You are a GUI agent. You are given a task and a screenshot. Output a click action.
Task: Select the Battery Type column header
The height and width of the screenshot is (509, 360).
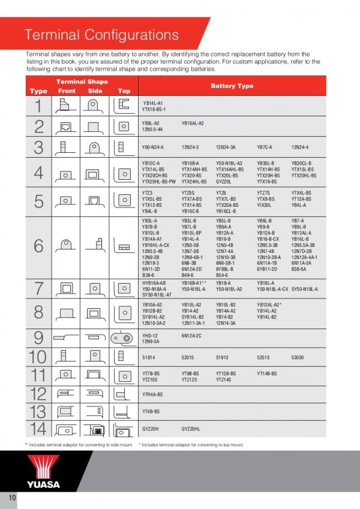pos(232,86)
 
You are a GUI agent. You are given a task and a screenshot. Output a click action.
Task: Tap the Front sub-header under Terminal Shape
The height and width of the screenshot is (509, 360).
pos(67,91)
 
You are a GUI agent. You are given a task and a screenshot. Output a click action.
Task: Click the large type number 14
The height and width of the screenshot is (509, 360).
pos(38,430)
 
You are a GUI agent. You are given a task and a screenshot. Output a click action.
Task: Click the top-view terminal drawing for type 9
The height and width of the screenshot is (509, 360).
pos(124,338)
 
